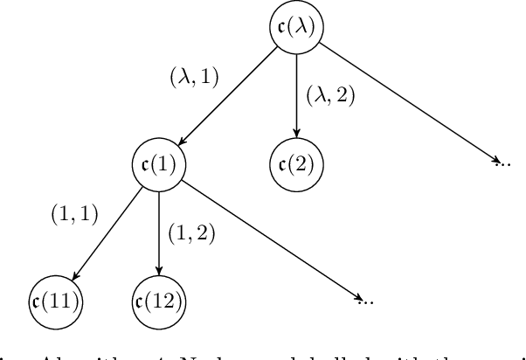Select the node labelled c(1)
point(159,163)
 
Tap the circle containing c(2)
point(296,163)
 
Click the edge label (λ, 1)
point(193,78)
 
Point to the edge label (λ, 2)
point(331,94)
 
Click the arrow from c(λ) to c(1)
point(229,94)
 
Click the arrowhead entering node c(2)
point(296,135)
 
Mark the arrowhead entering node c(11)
point(73,276)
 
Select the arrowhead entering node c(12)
point(159,271)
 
